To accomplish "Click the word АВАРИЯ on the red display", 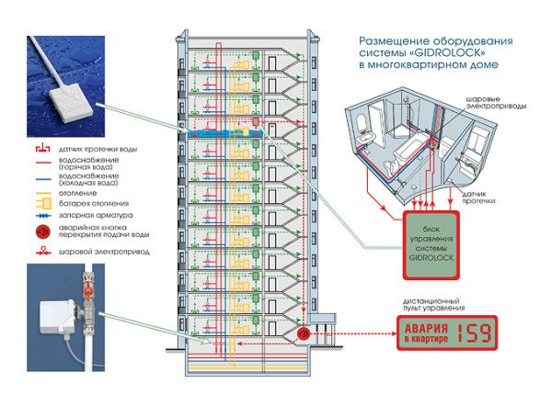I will [426, 329].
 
